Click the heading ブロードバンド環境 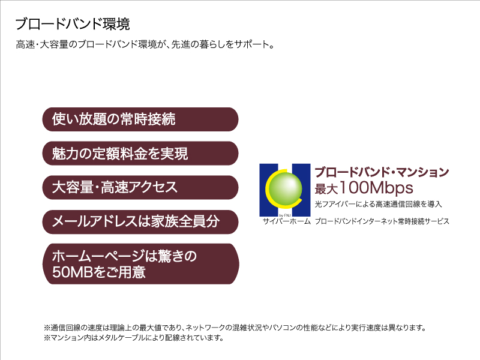(x=73, y=24)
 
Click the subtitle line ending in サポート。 (x=145, y=44)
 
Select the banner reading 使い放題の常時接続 (x=140, y=119)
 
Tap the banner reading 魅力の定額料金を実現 (x=140, y=154)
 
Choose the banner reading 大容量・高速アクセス (x=140, y=187)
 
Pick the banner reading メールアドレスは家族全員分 (x=140, y=222)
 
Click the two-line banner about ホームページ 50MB (x=140, y=264)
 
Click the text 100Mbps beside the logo (x=376, y=188)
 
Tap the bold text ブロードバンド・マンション (x=382, y=172)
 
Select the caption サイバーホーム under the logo (x=287, y=221)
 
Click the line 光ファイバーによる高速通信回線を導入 (x=379, y=204)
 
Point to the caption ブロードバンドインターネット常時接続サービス (x=382, y=221)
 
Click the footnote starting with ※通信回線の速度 (x=235, y=328)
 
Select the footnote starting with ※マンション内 (x=133, y=338)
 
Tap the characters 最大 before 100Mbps (x=326, y=189)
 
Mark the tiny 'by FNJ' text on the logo (x=285, y=215)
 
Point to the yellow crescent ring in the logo (x=268, y=188)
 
